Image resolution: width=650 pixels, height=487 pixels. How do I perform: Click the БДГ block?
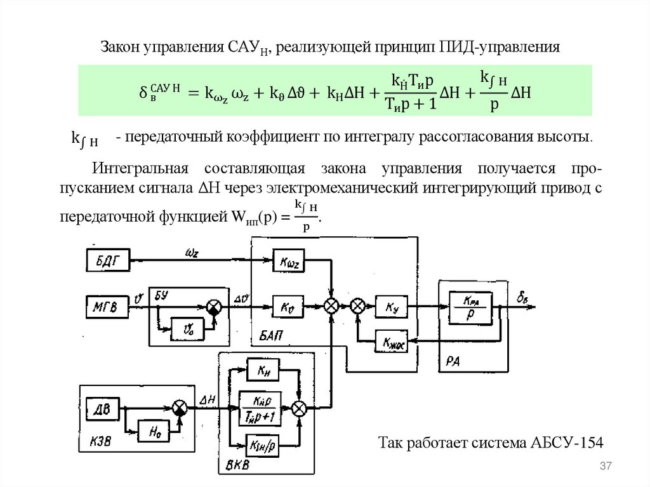point(107,260)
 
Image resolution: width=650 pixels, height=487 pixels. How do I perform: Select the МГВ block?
point(106,307)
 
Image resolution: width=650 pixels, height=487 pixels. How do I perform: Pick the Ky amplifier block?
point(389,307)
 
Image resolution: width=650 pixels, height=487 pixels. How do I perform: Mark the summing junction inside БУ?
point(214,307)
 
